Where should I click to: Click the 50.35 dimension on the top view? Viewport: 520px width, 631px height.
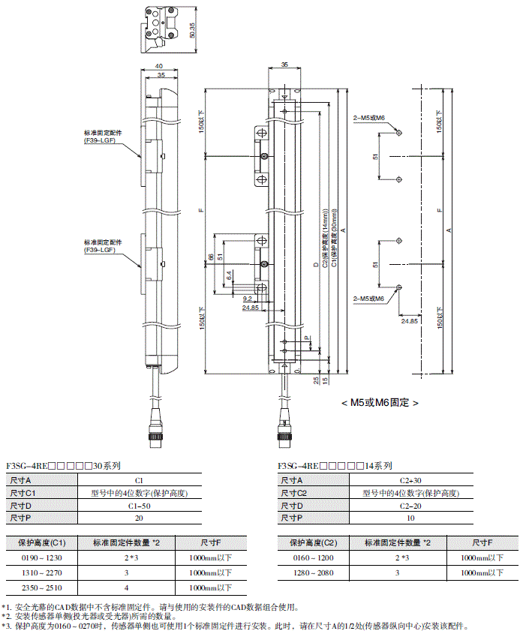(194, 29)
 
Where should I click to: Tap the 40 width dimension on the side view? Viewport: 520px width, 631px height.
(159, 66)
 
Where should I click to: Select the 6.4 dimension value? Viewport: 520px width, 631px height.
(228, 276)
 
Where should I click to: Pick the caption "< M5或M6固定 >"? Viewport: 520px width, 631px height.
(379, 402)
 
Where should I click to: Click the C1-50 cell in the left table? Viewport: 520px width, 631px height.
(139, 506)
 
